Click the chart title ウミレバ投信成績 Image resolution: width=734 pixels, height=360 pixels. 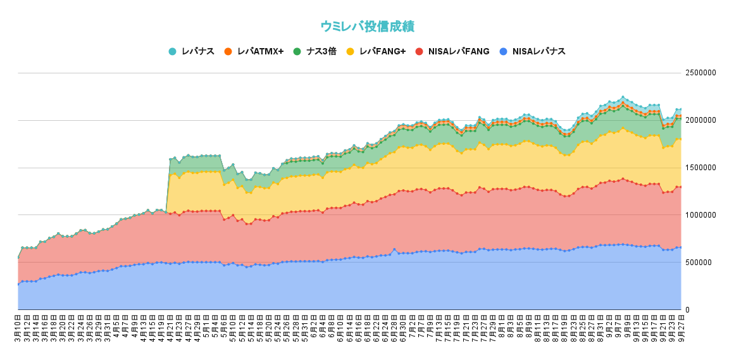click(x=367, y=27)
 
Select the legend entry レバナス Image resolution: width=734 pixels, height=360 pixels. click(x=197, y=51)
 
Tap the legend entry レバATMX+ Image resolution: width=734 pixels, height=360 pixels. click(x=260, y=51)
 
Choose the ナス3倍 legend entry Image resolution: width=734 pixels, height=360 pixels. click(x=321, y=51)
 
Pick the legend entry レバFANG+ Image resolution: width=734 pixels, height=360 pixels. click(x=382, y=51)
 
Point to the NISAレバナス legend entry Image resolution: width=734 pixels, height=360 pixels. click(x=538, y=51)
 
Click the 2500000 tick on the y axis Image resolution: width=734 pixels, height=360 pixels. click(x=700, y=73)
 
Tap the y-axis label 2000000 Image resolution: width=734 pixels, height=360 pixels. click(x=700, y=120)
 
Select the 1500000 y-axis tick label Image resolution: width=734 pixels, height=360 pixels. click(x=700, y=168)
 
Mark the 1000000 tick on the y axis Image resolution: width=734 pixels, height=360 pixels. click(x=700, y=215)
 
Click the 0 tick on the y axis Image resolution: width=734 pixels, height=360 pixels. click(x=688, y=309)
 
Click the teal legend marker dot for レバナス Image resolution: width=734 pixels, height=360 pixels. click(x=172, y=51)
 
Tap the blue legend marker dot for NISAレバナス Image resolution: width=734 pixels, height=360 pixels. click(x=503, y=51)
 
